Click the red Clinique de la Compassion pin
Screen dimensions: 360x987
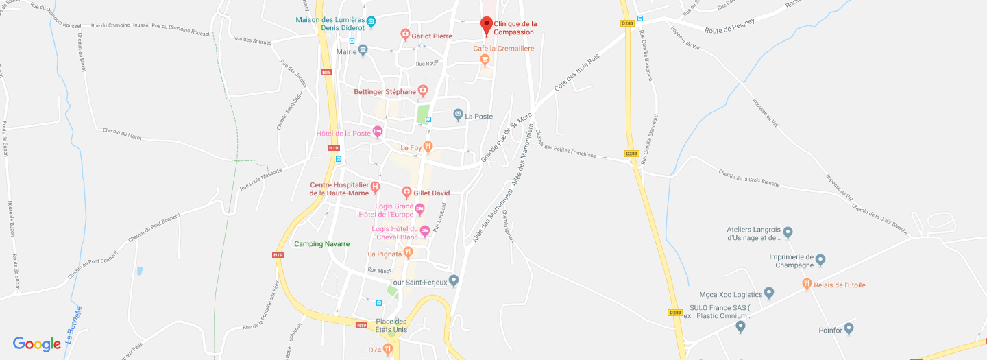click(487, 25)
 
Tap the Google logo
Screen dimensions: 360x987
click(37, 344)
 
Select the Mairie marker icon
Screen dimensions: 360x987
click(363, 50)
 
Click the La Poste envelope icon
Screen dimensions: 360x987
click(458, 116)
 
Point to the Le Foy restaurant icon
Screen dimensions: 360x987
click(428, 147)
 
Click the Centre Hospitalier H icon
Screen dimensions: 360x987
click(375, 186)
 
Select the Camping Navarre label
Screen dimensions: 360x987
click(321, 244)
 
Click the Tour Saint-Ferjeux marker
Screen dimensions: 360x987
click(453, 280)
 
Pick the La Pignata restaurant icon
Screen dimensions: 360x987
click(409, 253)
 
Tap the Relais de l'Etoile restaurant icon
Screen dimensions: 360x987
click(807, 284)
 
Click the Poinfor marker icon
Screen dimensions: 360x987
click(849, 328)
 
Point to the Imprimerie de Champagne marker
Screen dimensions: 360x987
click(820, 260)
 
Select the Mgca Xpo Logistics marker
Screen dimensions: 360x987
click(769, 293)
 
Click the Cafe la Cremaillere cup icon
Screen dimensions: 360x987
click(485, 60)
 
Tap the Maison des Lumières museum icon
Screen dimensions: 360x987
click(371, 23)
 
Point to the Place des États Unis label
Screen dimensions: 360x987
click(391, 326)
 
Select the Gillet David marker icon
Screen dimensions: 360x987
click(406, 193)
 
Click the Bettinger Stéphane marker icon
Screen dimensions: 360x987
click(423, 91)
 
